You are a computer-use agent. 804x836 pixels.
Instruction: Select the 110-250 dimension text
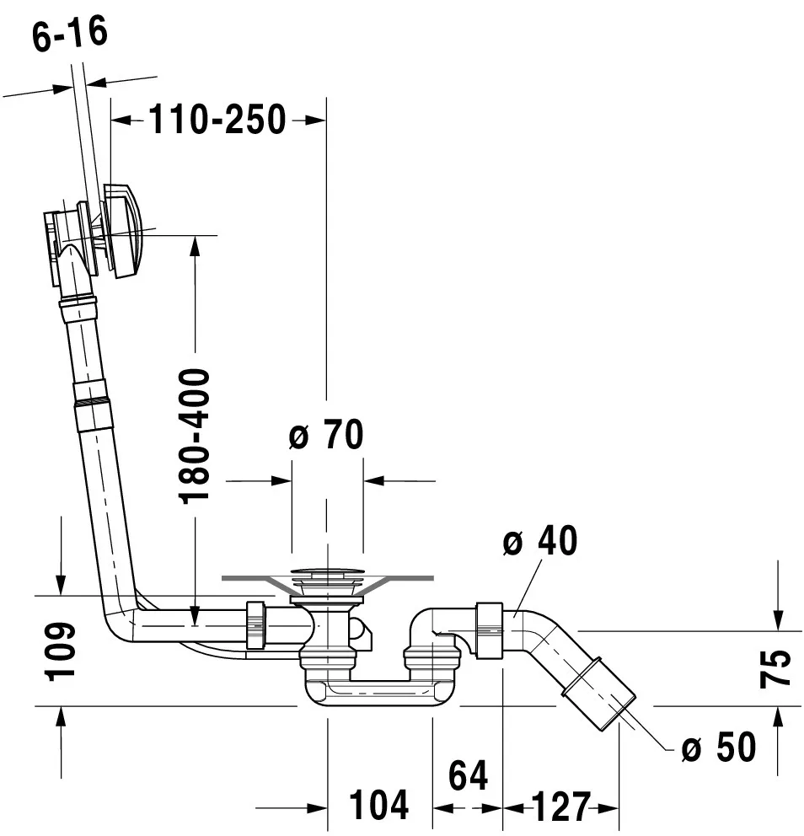(x=217, y=121)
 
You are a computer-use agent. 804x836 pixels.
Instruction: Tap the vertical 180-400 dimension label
(x=196, y=434)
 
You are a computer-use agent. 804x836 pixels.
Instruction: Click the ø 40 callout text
(x=539, y=542)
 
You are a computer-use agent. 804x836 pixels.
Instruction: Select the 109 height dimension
(x=61, y=651)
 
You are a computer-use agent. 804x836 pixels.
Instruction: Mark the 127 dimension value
(x=560, y=807)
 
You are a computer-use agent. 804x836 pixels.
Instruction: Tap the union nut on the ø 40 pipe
(x=490, y=630)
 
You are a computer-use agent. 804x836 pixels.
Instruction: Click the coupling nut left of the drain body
(x=256, y=626)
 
